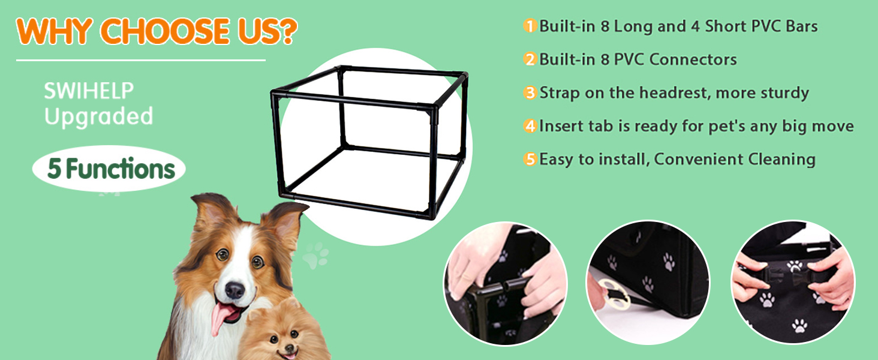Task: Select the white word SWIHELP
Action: pyautogui.click(x=89, y=91)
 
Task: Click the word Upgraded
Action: pyautogui.click(x=98, y=116)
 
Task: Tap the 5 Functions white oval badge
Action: pyautogui.click(x=109, y=169)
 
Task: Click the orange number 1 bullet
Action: pyautogui.click(x=530, y=26)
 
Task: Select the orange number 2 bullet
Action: pyautogui.click(x=530, y=59)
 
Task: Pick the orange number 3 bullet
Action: pyautogui.click(x=530, y=93)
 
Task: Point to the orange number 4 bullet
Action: pyautogui.click(x=530, y=126)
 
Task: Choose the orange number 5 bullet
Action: pyautogui.click(x=530, y=159)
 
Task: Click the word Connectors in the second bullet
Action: pyautogui.click(x=693, y=59)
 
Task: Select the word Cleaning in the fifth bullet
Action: pyautogui.click(x=781, y=159)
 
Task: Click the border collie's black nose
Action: pyautogui.click(x=234, y=290)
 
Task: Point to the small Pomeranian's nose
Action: pyautogui.click(x=290, y=347)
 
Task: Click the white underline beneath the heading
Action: pyautogui.click(x=141, y=61)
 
